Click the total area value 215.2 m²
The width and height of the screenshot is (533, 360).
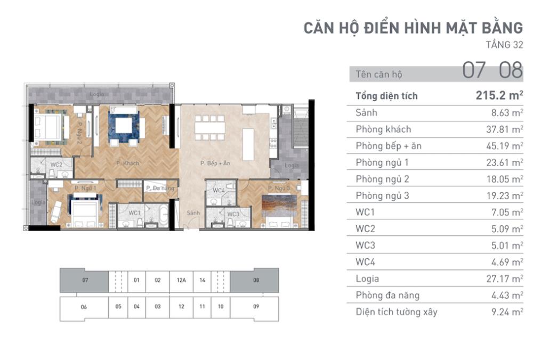point(499,95)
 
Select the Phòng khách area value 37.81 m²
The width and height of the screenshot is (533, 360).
point(504,129)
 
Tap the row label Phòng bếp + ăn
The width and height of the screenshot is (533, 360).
point(389,146)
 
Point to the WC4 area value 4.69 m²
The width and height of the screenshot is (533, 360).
point(507,262)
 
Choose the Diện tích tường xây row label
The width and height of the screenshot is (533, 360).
point(397,312)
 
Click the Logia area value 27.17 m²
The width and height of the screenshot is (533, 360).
point(504,279)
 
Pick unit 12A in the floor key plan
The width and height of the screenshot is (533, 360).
point(181,280)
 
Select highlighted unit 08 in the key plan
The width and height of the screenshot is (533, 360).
point(256,280)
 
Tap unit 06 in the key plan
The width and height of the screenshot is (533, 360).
point(84,307)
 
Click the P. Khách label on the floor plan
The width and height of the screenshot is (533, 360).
point(128,163)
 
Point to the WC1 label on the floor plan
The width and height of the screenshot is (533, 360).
point(134,213)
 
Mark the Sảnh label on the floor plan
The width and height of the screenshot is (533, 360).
point(193,213)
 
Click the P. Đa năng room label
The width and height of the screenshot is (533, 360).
point(160,188)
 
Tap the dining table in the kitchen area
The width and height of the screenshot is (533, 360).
point(209,128)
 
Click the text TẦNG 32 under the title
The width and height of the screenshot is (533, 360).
point(504,45)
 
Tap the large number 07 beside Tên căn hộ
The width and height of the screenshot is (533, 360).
point(474,70)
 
